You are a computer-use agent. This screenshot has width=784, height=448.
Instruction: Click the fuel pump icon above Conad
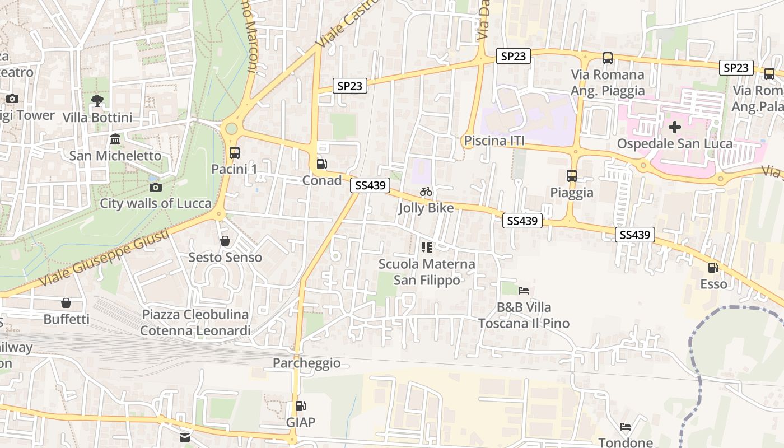tap(322, 164)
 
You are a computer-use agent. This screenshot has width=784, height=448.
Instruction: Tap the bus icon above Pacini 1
tap(235, 152)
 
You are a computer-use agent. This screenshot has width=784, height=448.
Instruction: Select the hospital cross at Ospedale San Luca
tap(675, 127)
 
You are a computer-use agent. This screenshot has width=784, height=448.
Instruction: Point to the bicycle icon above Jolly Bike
tap(426, 192)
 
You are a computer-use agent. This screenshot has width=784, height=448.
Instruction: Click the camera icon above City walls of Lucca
tap(156, 187)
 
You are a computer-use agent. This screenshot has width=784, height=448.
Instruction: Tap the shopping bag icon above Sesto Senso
tap(225, 241)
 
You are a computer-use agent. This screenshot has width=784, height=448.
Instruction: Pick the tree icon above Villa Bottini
tap(97, 101)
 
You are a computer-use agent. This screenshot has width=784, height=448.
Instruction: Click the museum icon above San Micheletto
tap(115, 139)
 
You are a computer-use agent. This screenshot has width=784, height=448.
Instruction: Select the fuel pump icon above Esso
tap(713, 268)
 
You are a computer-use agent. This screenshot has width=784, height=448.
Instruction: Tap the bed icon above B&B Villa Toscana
tap(524, 290)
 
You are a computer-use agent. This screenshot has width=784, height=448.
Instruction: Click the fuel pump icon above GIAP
tap(301, 406)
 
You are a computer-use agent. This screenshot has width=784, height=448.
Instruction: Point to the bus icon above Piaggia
tap(572, 176)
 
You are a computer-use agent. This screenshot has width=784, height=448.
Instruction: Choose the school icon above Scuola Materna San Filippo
tap(427, 247)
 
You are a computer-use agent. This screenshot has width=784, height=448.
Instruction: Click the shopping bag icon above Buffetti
tap(66, 303)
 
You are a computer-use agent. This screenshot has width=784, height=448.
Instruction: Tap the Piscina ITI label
tap(494, 141)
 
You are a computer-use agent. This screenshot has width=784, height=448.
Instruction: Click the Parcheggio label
tap(306, 363)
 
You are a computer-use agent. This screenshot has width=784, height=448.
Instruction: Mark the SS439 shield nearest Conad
tap(370, 185)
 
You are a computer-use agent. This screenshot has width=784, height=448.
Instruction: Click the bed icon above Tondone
tap(626, 427)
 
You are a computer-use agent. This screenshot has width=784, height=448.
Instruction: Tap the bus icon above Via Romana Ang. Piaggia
tap(608, 58)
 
